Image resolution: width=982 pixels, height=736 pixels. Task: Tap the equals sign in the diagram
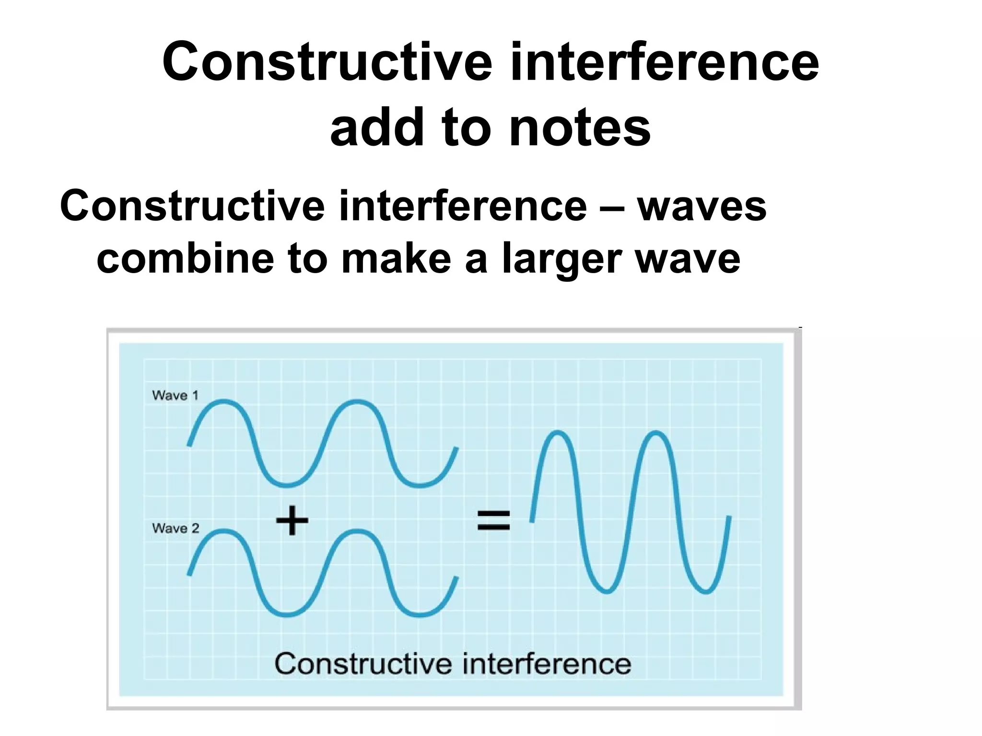coord(493,520)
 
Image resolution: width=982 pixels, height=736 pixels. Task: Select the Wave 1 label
coord(175,395)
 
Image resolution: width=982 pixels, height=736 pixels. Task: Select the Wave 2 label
coord(175,528)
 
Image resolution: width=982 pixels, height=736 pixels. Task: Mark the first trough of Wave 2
coord(287,614)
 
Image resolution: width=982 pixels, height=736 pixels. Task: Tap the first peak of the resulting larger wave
coord(558,434)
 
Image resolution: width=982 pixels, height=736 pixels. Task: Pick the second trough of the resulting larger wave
coord(705,590)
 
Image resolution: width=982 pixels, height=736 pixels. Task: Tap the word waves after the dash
coord(701,206)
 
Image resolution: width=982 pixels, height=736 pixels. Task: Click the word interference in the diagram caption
coord(547,664)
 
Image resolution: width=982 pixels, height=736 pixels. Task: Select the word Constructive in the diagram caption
coord(364,664)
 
